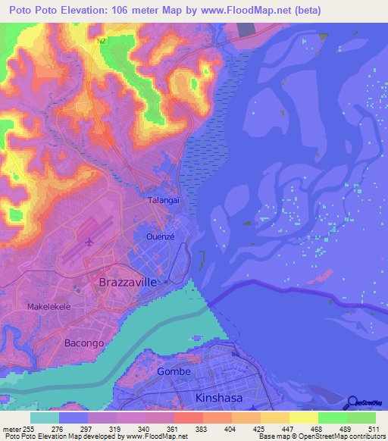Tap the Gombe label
(174, 371)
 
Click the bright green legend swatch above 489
(332, 418)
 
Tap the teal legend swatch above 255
(45, 418)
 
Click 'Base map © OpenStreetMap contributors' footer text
(321, 436)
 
